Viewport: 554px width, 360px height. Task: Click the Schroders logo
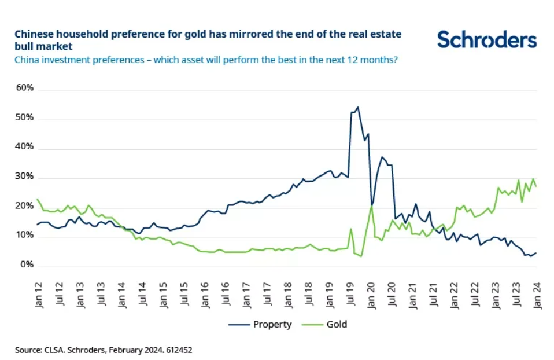point(487,40)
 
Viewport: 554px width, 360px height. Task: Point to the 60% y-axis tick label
point(25,89)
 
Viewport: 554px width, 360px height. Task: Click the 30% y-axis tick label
point(25,177)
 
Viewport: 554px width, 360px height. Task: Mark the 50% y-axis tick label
point(25,118)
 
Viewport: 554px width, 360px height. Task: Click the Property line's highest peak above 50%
point(357,107)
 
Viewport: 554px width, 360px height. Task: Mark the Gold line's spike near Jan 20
point(371,206)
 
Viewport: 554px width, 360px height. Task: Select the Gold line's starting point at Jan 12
point(38,199)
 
